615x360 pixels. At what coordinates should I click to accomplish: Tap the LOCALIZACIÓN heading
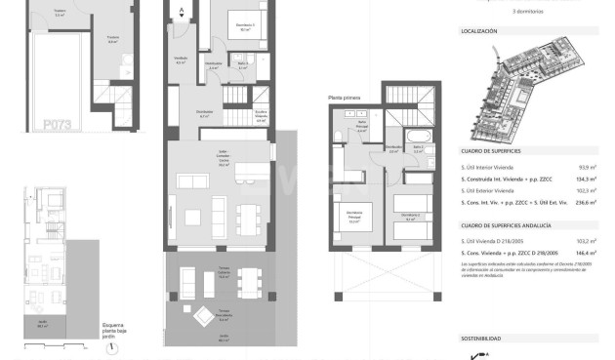coord(479,31)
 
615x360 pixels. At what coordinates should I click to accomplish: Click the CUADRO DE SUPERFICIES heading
coord(490,152)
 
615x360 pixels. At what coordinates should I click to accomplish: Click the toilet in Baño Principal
coord(337,135)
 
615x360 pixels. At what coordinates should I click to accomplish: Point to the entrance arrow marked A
coord(182,13)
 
